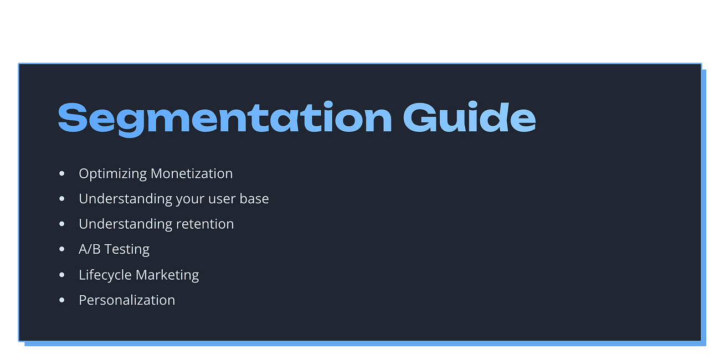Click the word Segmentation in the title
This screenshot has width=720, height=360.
tap(224, 117)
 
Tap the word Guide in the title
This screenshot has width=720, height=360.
tap(469, 117)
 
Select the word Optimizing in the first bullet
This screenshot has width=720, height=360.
tap(112, 174)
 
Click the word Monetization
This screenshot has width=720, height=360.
tap(191, 173)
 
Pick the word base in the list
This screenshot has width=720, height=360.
tap(254, 198)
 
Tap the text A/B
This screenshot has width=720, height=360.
tap(89, 249)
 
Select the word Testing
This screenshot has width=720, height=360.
tap(127, 250)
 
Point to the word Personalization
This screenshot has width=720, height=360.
tap(127, 300)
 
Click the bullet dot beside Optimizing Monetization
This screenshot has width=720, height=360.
tap(62, 174)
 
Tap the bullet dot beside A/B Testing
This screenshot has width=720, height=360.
tap(62, 250)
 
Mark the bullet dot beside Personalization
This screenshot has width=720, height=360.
tap(62, 300)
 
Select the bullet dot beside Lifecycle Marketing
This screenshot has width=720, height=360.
tap(62, 275)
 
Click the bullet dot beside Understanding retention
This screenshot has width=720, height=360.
tap(62, 224)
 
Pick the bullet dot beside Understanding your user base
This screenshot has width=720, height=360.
tap(62, 199)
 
